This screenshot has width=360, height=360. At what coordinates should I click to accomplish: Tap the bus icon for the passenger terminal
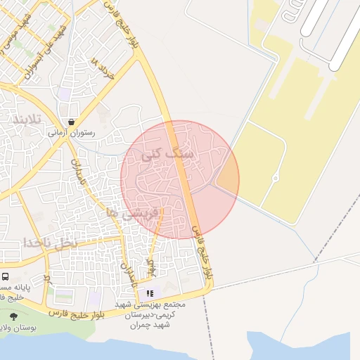coord(5,277)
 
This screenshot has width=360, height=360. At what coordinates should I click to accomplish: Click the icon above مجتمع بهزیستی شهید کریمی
coord(149,293)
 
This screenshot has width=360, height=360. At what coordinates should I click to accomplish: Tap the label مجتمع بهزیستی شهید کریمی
coord(162,312)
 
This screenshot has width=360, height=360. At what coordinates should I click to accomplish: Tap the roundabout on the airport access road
coord(276,178)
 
